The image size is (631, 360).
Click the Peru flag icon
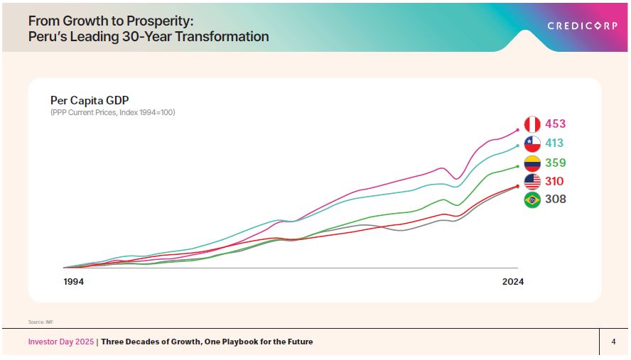pyautogui.click(x=532, y=124)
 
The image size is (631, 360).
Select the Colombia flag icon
pyautogui.click(x=532, y=163)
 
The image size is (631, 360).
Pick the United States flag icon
pyautogui.click(x=532, y=181)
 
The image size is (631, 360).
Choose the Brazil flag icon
pyautogui.click(x=532, y=200)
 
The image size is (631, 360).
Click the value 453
pyautogui.click(x=556, y=124)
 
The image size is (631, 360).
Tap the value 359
pyautogui.click(x=556, y=163)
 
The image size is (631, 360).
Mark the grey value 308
pyautogui.click(x=556, y=200)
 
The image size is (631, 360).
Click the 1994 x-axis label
pyautogui.click(x=74, y=282)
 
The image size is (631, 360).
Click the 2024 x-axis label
pyautogui.click(x=512, y=282)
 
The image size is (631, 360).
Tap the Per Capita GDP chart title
pyautogui.click(x=90, y=100)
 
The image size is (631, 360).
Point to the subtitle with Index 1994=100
pyautogui.click(x=112, y=113)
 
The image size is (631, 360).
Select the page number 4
pyautogui.click(x=613, y=342)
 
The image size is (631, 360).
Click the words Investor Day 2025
pyautogui.click(x=60, y=342)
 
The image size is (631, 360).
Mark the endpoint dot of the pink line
pyautogui.click(x=517, y=130)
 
